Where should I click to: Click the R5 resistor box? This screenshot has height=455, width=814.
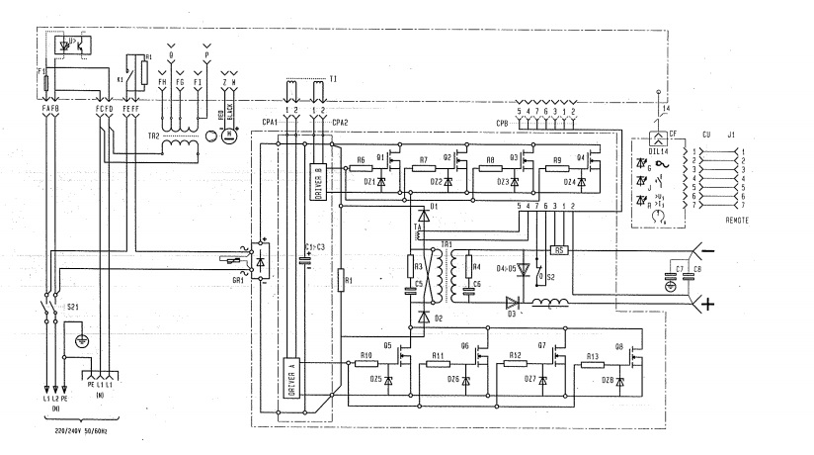pos(559,250)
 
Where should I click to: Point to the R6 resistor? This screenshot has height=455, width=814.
pos(362,168)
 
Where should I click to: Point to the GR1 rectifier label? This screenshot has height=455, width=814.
pos(238,280)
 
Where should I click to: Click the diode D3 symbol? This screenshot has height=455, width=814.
pos(514,304)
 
